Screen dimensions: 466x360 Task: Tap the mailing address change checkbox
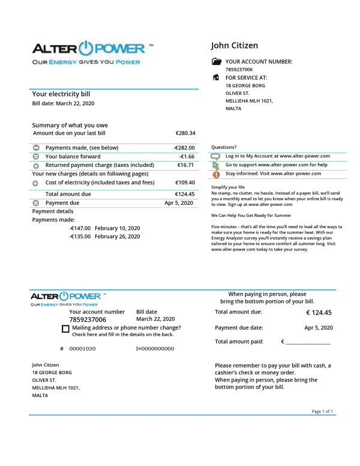tap(65, 329)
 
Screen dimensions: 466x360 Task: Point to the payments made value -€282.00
tap(184, 148)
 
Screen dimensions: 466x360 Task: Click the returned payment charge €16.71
tap(185, 165)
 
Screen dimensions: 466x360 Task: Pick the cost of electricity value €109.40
tap(185, 182)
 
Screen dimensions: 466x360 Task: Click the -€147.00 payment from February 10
tap(80, 228)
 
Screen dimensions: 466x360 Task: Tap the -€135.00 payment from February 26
tap(80, 237)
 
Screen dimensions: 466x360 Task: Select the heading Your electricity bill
tap(61, 94)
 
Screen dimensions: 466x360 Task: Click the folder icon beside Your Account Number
tap(216, 61)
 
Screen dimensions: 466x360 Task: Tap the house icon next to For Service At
tap(216, 77)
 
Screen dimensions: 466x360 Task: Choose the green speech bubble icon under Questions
tap(216, 156)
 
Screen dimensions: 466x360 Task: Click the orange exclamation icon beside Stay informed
tap(216, 174)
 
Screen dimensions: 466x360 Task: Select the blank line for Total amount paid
tap(308, 342)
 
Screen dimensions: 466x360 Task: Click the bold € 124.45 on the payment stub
tap(319, 312)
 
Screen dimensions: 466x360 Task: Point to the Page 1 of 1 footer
tap(322, 411)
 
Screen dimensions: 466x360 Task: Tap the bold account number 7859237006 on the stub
tap(88, 320)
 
